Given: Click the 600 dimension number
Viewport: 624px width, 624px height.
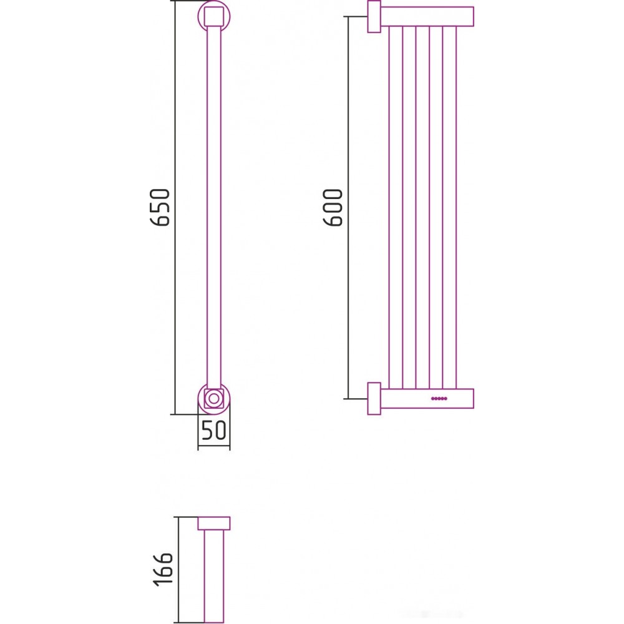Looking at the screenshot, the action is [x=333, y=208].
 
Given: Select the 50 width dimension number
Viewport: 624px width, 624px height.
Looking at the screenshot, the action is [x=213, y=430].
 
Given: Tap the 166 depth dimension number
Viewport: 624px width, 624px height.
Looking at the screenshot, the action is [x=163, y=569].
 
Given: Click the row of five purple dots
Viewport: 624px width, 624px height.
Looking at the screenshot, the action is [x=439, y=398].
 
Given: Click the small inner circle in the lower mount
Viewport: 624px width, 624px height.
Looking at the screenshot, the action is [x=214, y=398].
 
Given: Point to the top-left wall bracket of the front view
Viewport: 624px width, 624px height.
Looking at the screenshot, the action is [x=374, y=16].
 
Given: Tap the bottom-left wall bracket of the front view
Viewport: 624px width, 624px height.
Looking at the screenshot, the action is [x=374, y=398].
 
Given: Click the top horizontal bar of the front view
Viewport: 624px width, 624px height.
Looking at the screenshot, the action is [x=427, y=16].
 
